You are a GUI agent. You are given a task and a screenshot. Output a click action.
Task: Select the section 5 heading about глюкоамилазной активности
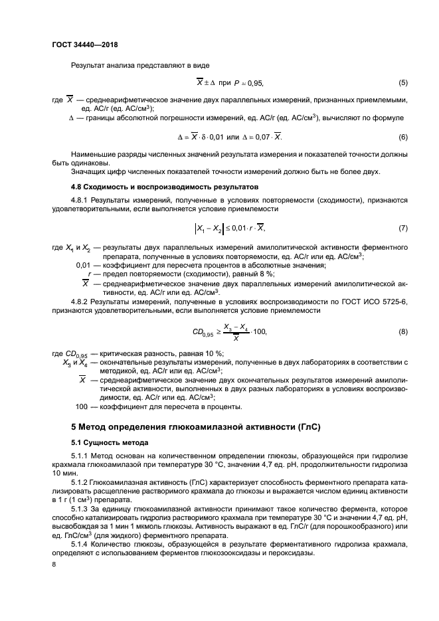[196, 427]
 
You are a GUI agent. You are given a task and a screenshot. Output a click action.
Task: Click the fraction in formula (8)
[232, 331]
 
